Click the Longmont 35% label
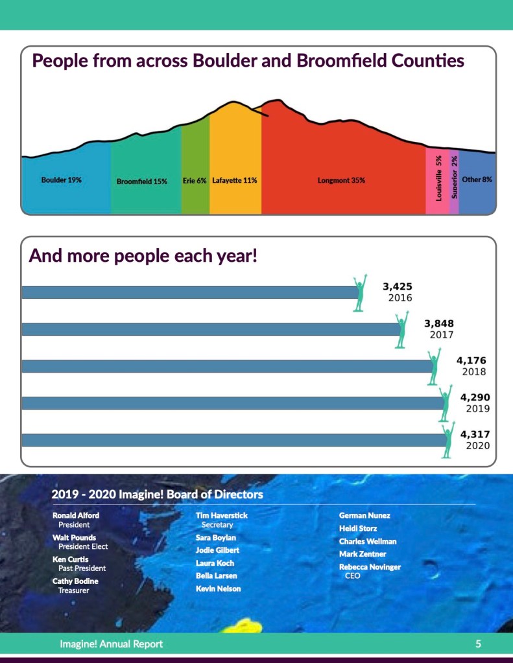[341, 180]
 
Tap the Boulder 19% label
[62, 180]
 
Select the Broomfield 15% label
[142, 181]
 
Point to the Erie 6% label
[195, 180]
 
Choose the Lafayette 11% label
[235, 180]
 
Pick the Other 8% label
[477, 179]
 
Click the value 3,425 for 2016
[398, 286]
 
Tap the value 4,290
[475, 397]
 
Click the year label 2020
[478, 446]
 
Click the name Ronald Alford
[76, 515]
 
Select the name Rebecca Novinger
[370, 566]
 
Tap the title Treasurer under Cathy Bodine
[74, 590]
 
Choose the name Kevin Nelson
[218, 588]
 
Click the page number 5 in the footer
[478, 644]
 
